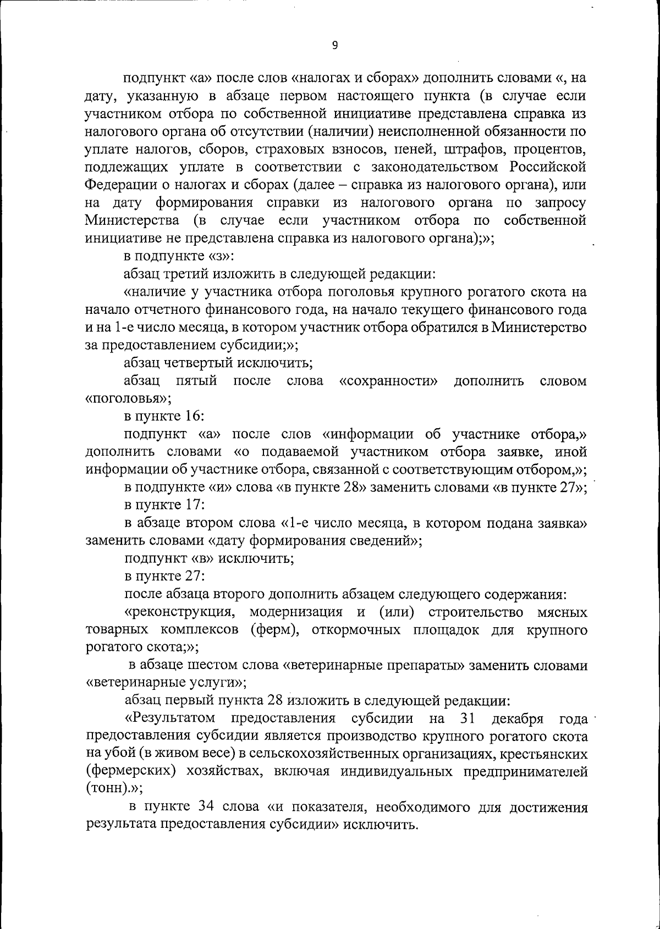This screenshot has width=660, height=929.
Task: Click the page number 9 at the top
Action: tap(335, 46)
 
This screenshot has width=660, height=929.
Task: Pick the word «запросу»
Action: tap(560, 202)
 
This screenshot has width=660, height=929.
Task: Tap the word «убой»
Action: tap(119, 754)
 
